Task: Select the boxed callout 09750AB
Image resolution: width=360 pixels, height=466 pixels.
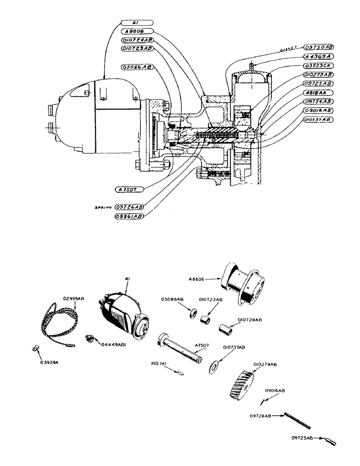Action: (318, 48)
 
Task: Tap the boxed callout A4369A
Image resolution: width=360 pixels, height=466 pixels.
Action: (318, 56)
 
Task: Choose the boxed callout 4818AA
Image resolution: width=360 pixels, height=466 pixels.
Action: (318, 92)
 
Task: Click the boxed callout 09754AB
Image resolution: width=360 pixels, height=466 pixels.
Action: (318, 101)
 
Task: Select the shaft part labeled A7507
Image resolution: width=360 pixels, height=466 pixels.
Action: (180, 345)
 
